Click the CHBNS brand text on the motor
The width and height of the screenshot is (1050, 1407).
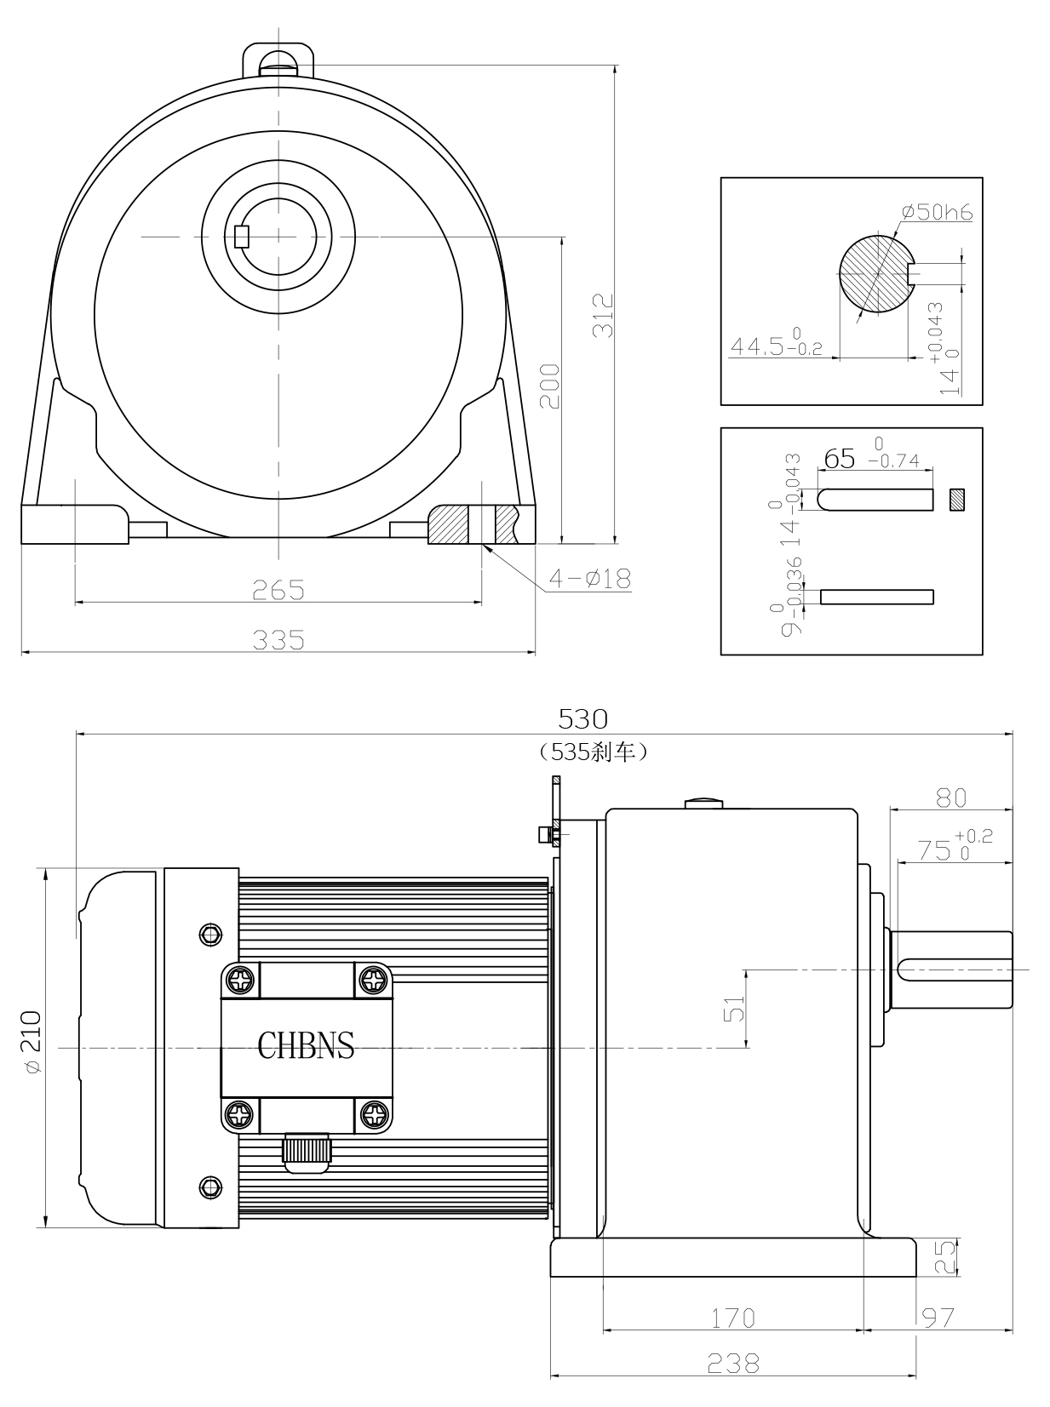point(306,1044)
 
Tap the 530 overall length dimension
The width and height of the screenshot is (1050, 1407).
point(582,719)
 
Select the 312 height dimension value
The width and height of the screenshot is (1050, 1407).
point(603,316)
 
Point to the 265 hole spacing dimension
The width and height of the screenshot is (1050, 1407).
point(278,589)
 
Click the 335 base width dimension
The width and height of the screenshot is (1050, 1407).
point(278,639)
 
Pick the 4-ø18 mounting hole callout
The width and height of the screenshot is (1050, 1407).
point(589,579)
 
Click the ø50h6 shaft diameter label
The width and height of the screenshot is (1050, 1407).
point(936,212)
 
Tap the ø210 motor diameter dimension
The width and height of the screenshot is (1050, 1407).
point(32,1043)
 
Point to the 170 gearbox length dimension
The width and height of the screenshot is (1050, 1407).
point(733,1318)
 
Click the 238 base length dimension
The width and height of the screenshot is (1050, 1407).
point(733,1364)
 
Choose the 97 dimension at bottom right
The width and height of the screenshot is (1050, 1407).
point(938,1318)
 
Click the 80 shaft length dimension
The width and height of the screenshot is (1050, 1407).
point(951,798)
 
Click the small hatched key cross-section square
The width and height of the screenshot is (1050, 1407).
point(958,499)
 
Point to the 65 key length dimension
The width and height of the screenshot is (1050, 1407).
point(840,460)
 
